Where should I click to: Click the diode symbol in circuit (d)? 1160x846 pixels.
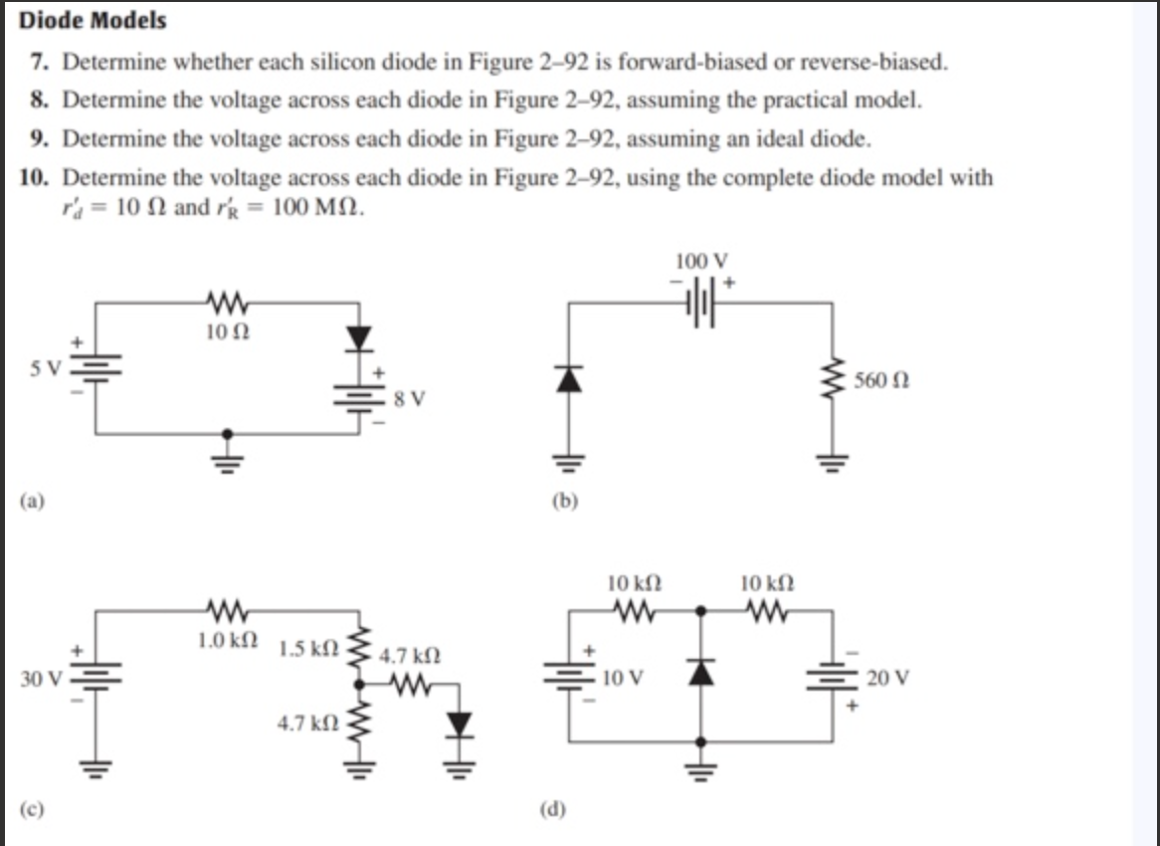tap(703, 674)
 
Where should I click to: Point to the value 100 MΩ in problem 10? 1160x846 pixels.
tap(316, 210)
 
